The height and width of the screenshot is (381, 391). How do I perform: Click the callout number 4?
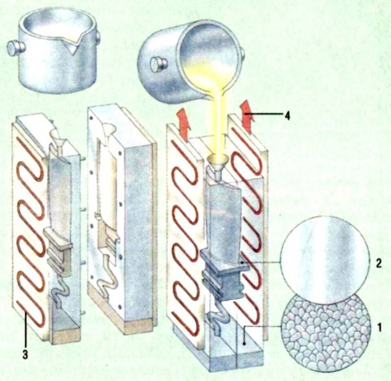point(287,116)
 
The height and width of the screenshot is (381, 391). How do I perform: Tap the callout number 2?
point(378,264)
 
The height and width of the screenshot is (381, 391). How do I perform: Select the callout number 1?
point(379,328)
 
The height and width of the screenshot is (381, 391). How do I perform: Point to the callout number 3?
point(25,355)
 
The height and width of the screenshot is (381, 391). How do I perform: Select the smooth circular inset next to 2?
point(325,260)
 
